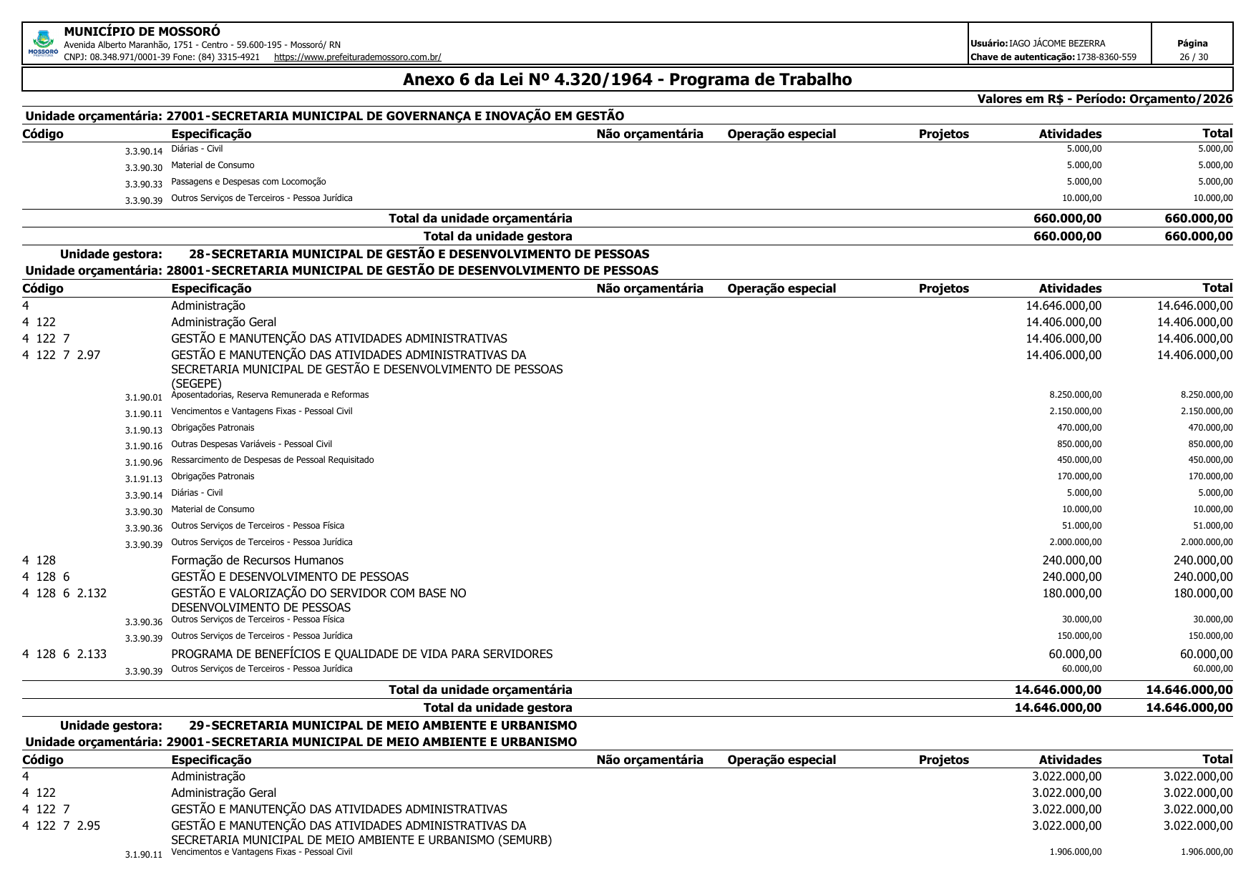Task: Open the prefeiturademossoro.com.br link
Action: tap(357, 57)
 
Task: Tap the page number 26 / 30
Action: tap(1192, 57)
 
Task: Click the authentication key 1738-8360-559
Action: tap(1106, 57)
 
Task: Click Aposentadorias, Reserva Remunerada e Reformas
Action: tap(270, 395)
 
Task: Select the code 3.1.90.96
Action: tap(143, 463)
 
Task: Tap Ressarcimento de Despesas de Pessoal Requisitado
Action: tap(272, 460)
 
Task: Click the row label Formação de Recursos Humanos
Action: tap(257, 561)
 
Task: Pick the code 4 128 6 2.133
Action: tap(64, 654)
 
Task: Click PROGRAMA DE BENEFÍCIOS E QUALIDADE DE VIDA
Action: tap(361, 654)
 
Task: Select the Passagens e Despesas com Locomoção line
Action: tap(248, 182)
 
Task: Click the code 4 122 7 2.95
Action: tap(62, 825)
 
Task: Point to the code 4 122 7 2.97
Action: tap(62, 355)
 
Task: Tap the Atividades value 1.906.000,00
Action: tap(1075, 852)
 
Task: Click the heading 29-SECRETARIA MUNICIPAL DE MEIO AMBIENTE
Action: tap(383, 725)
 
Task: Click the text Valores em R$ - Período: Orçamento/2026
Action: tap(1104, 99)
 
